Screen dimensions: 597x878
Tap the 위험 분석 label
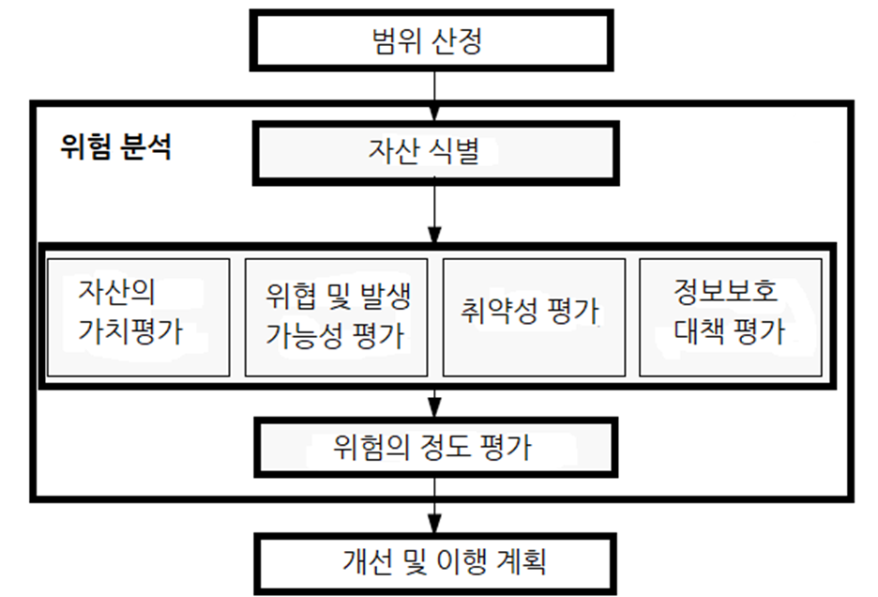115,147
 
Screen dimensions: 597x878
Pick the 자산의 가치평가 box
137,317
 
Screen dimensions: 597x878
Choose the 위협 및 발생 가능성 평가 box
337,317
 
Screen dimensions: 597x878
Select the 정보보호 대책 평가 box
729,317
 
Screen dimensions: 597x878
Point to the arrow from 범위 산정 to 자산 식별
434,94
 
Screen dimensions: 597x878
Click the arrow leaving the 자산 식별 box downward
434,211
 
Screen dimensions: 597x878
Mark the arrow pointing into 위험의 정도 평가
434,405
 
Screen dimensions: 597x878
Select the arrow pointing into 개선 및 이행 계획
434,513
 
